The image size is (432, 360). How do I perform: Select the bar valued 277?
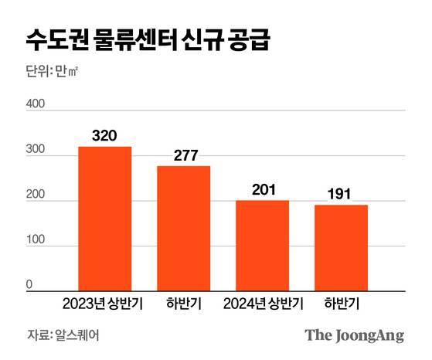click(184, 228)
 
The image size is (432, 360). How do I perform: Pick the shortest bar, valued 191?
click(341, 247)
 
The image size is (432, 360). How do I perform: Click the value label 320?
click(104, 136)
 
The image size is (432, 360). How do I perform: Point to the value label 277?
click(184, 155)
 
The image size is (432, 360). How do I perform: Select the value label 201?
click(263, 189)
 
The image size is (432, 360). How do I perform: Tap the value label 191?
click(341, 194)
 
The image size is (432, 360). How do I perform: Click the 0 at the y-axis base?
click(29, 284)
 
